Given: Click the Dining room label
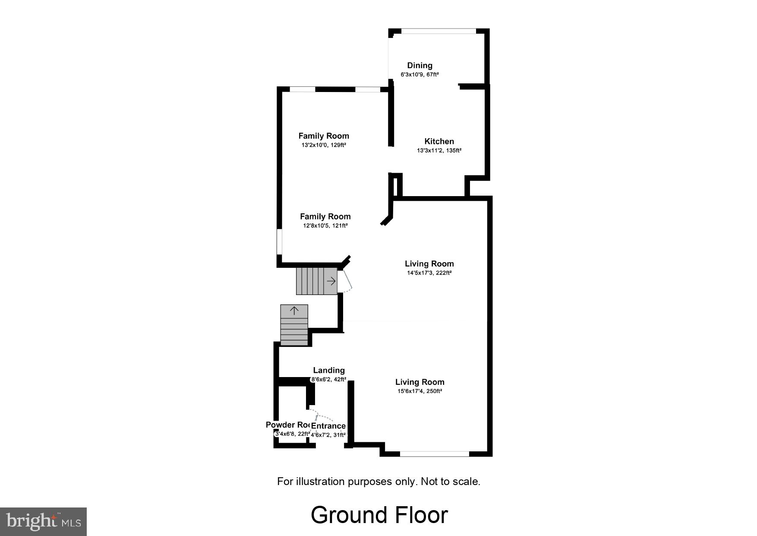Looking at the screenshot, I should (420, 65).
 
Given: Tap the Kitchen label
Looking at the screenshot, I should (439, 141).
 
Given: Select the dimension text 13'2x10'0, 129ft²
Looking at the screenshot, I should (324, 145).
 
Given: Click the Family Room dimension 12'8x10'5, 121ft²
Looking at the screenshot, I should (325, 225).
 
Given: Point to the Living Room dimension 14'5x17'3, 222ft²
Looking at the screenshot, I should (429, 273).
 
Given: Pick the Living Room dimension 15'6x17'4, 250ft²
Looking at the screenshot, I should (420, 391).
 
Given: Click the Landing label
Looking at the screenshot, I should (329, 370).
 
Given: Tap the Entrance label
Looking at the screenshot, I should (328, 426).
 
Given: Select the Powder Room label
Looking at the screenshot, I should (288, 425).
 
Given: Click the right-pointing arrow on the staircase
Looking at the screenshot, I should (331, 282).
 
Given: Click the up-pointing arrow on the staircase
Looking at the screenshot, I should (294, 311).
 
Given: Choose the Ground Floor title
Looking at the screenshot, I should (379, 515).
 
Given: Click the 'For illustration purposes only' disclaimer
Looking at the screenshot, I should (378, 481).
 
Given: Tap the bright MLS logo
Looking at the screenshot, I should (43, 521).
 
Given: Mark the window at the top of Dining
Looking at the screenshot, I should (438, 31).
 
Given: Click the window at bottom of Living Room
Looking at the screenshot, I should (434, 454).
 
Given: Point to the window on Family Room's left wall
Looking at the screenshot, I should (279, 242).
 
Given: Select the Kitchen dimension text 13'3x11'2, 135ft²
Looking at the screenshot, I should (439, 151).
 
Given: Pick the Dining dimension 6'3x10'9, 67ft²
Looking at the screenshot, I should (420, 75).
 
